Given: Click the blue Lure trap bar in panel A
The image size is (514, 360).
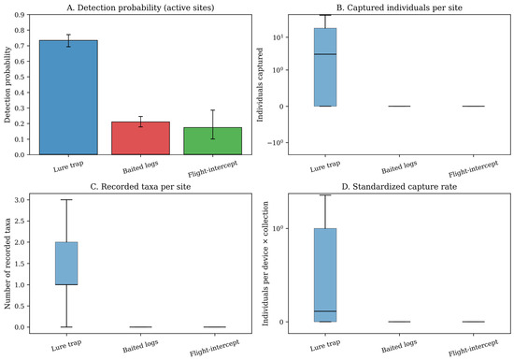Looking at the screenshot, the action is tap(68, 97).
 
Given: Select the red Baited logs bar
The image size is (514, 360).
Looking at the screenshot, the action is tap(140, 138).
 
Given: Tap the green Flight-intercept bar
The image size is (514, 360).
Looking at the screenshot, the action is tap(213, 141).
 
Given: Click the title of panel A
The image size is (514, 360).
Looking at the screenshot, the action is tap(140, 7).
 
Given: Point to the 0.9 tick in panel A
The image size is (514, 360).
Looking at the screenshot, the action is tap(20, 15).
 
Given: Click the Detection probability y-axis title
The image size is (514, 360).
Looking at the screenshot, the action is tap(7, 84).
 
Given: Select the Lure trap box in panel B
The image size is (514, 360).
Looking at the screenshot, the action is tap(325, 67).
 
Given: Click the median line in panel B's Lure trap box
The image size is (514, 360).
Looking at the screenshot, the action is tap(325, 54).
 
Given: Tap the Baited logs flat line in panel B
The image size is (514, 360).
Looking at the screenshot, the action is tap(399, 107).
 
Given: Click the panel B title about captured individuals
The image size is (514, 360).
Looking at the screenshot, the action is tap(399, 7).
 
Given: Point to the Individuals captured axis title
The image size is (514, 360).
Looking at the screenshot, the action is tap(261, 84).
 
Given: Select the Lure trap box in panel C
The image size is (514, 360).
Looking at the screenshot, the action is tap(66, 264).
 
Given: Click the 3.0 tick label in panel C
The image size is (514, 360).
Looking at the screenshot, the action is tap(20, 200).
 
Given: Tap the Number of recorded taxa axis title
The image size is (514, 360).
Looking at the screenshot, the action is tap(7, 264).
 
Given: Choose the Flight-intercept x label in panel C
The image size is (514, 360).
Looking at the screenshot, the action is tap(215, 348).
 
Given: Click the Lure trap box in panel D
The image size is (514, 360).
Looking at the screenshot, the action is tap(325, 275).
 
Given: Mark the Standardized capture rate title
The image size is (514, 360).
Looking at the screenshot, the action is tap(399, 187).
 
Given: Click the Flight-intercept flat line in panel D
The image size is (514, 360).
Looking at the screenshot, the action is tap(474, 322).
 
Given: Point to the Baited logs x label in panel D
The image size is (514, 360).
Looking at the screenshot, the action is tap(399, 346).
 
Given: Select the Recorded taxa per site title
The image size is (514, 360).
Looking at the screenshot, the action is tap(140, 187).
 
